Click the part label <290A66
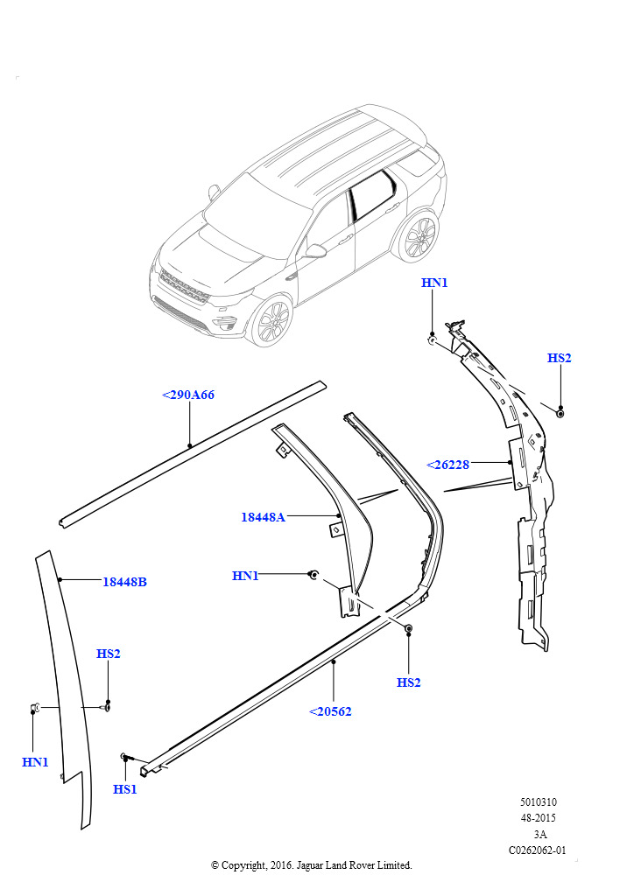(188, 395)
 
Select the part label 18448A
(263, 517)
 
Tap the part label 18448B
(124, 582)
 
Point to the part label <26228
(447, 465)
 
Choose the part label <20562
(330, 711)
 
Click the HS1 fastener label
(124, 789)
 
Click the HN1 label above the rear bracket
(434, 283)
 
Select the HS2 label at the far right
(559, 358)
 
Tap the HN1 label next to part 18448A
(245, 576)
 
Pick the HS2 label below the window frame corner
(409, 682)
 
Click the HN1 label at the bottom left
(35, 762)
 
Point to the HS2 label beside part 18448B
(108, 653)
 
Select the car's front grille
(183, 287)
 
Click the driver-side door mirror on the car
(314, 250)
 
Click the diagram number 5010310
(538, 801)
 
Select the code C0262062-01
(538, 850)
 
